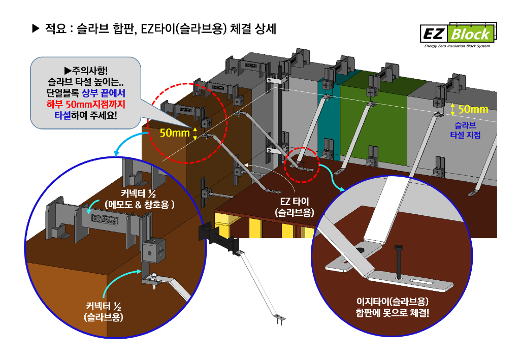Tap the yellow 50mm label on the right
pos(473,109)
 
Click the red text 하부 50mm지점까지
pos(85,105)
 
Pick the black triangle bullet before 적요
pos(35,28)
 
